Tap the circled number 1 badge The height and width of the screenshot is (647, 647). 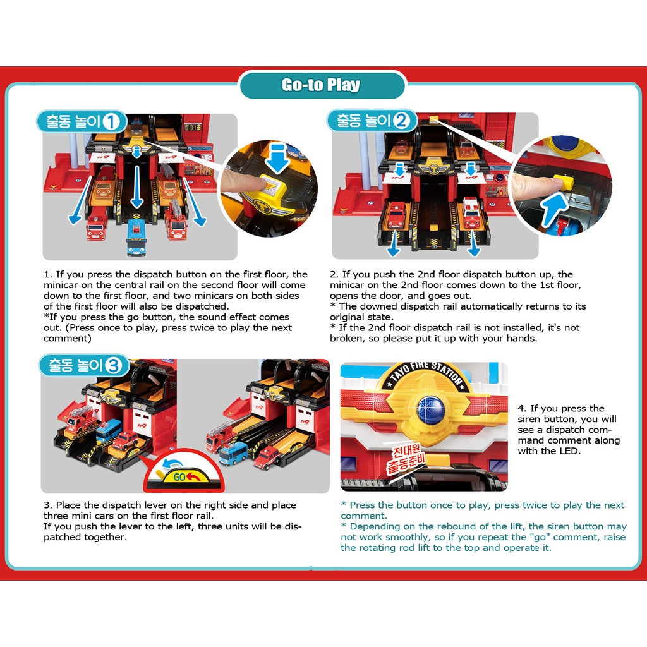(x=111, y=122)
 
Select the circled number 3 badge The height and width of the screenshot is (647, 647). (x=114, y=365)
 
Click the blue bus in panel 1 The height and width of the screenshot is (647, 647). (x=136, y=237)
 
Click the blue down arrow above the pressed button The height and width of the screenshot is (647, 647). (x=277, y=157)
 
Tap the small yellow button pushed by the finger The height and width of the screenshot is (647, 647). (x=562, y=182)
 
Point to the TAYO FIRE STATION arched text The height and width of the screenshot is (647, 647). (x=426, y=373)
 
